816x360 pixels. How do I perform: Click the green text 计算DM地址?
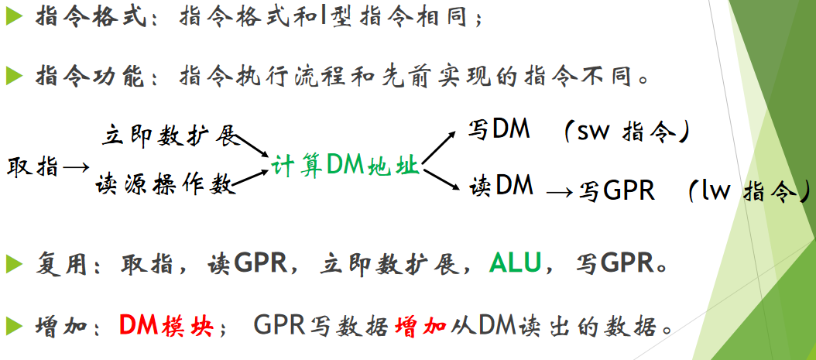click(x=345, y=166)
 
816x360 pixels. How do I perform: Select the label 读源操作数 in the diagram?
click(x=166, y=185)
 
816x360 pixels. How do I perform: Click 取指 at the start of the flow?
click(x=33, y=167)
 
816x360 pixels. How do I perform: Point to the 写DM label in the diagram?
click(x=499, y=130)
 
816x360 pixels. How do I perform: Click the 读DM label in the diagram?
click(x=501, y=185)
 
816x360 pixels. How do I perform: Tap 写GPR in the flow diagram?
click(x=616, y=192)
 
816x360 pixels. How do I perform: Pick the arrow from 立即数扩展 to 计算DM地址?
click(x=252, y=146)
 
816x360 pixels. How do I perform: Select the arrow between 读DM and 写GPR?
click(x=560, y=193)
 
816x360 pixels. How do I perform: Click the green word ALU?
click(x=515, y=263)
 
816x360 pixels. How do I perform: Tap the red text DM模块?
click(x=166, y=324)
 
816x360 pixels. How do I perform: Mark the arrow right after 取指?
click(x=76, y=167)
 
